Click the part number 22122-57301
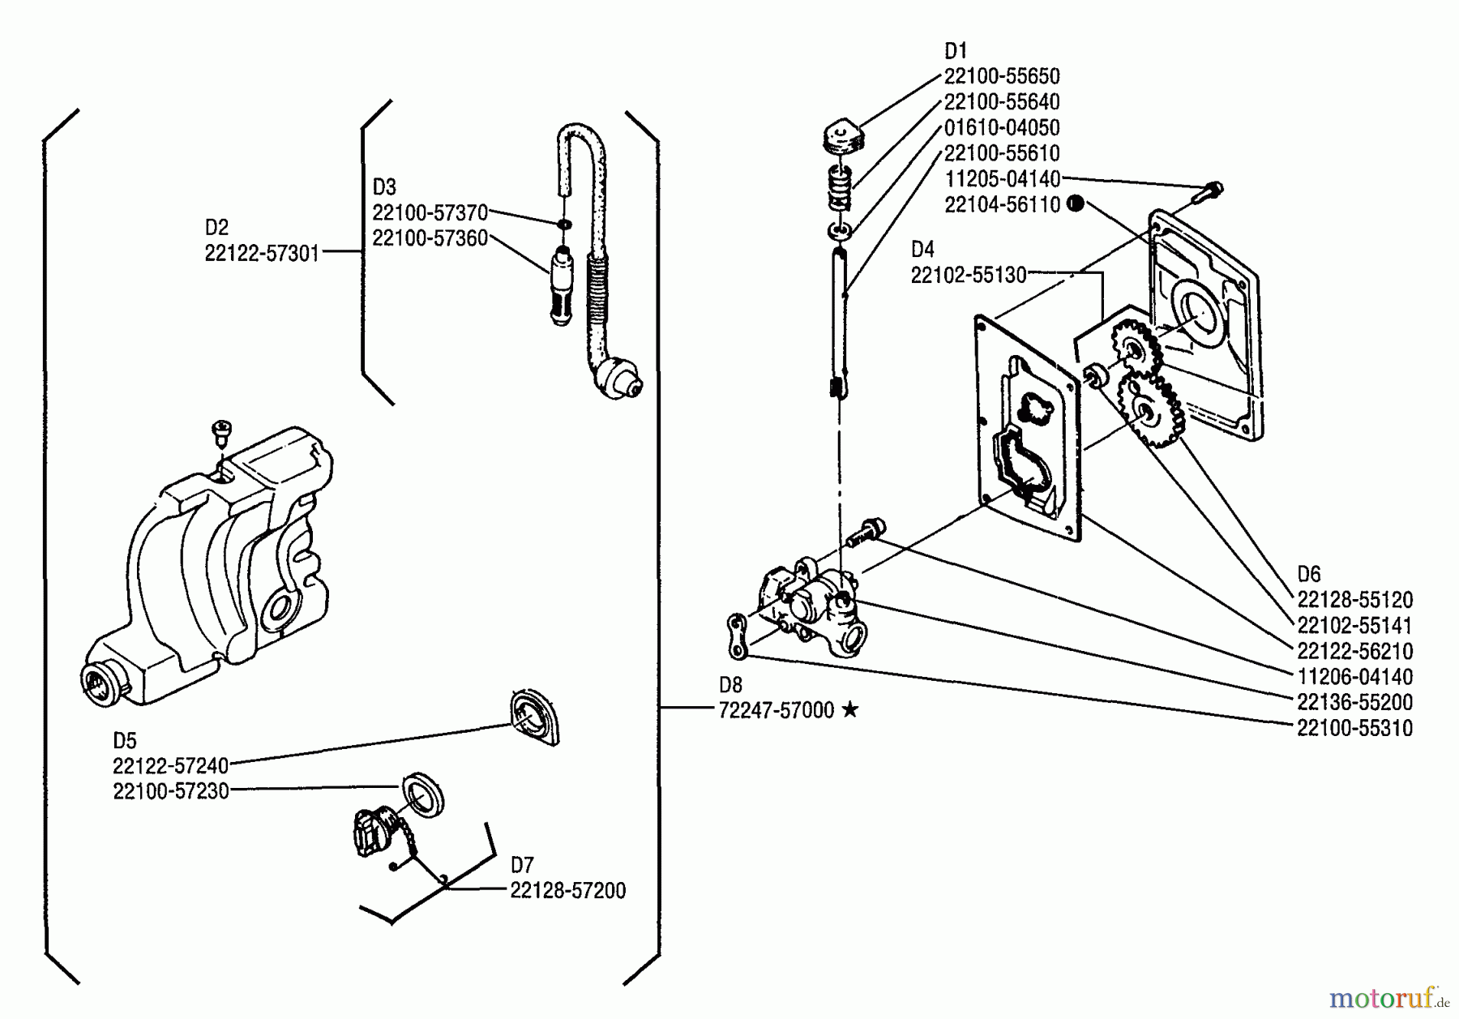262,254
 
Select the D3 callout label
384,187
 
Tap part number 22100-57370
430,213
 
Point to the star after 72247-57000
849,710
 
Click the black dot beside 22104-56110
1076,203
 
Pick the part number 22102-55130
969,276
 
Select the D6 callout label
1309,575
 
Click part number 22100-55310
1354,728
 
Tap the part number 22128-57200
567,891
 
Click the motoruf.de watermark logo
1389,997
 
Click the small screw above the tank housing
220,430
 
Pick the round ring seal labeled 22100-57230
424,794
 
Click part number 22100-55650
1002,76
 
